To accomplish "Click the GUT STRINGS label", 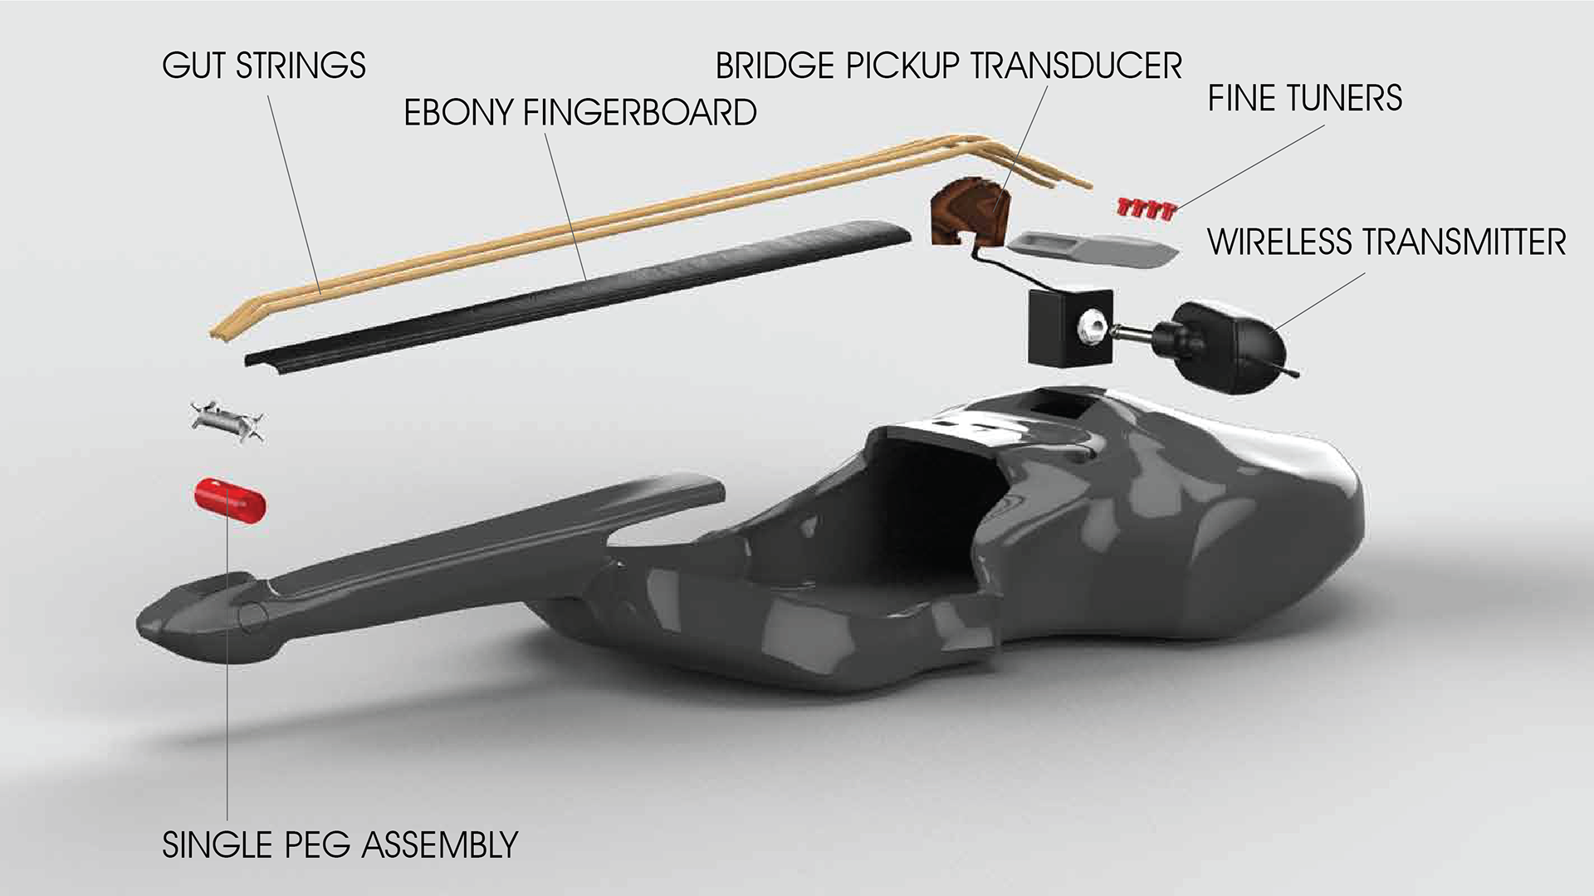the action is point(264,66).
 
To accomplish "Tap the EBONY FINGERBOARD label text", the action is point(579,113).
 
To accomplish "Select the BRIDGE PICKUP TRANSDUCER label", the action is point(948,66).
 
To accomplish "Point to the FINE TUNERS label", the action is point(1304,98).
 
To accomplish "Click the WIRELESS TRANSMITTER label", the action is point(1386,242).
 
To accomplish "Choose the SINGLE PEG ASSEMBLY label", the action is point(340,845).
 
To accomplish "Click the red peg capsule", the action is point(229,500).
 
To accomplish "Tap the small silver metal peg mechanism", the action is point(227,420).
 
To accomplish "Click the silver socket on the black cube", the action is point(1091,329).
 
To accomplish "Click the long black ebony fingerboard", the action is point(581,291).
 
